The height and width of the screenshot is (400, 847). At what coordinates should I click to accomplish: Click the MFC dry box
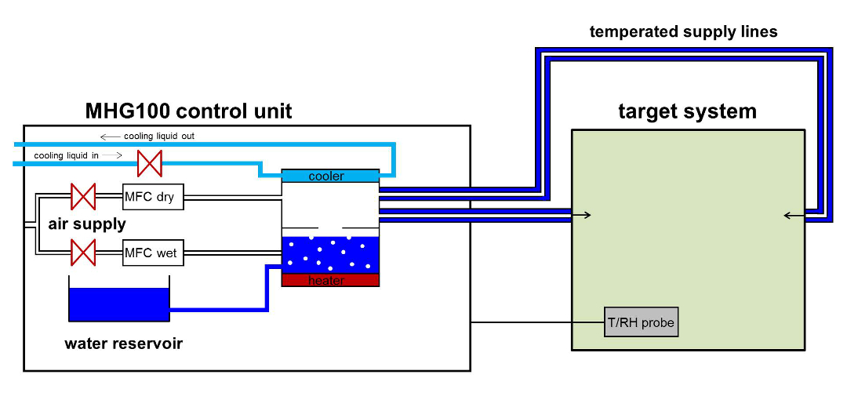click(x=154, y=197)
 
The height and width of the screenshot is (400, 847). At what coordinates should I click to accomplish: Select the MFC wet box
click(x=154, y=253)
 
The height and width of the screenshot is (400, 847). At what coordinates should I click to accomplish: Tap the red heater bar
click(x=330, y=280)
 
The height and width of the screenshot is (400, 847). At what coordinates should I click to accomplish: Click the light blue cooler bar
click(x=330, y=176)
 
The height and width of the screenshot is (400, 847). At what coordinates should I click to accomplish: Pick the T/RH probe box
click(x=641, y=322)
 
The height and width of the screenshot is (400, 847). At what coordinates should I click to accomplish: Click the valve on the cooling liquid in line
click(x=149, y=164)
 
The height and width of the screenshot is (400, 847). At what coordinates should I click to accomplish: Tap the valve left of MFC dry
click(x=83, y=197)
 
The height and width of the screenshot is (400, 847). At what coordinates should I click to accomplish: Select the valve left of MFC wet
click(x=83, y=253)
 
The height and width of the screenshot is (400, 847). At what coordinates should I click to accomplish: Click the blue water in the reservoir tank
click(x=119, y=304)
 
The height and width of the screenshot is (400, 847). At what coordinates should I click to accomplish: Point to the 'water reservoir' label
click(x=124, y=344)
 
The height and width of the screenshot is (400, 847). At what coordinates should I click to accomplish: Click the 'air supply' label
click(x=87, y=224)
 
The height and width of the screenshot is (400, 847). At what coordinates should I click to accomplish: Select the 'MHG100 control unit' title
click(x=188, y=111)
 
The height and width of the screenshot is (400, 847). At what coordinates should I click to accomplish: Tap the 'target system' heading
click(x=688, y=111)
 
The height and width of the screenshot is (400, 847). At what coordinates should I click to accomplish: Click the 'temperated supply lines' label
click(x=683, y=32)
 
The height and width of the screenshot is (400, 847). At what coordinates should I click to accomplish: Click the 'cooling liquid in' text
click(x=67, y=155)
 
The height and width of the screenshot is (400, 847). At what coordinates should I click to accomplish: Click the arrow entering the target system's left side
click(x=582, y=215)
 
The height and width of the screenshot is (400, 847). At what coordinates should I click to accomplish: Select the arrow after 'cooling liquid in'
click(x=111, y=155)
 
